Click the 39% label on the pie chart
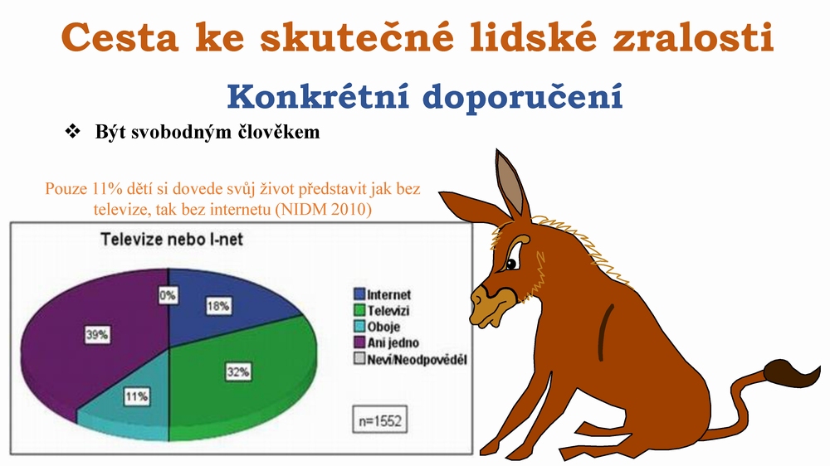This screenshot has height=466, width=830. (x=97, y=335)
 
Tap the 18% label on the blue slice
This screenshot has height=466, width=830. (x=218, y=306)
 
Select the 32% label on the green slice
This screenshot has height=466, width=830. (x=238, y=371)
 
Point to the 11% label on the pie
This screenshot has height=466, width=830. (x=137, y=396)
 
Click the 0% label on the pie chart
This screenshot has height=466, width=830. (x=168, y=294)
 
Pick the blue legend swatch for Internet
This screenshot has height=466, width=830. (x=359, y=294)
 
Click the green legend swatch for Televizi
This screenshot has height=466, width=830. (x=359, y=310)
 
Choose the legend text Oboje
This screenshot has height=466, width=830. (x=383, y=327)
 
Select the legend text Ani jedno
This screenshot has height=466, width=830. (x=393, y=342)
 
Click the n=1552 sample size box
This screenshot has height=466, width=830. (x=380, y=420)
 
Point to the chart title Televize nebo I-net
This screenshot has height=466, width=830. (x=172, y=240)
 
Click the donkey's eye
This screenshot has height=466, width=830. (x=512, y=263)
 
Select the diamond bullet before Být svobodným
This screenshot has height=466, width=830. (x=72, y=131)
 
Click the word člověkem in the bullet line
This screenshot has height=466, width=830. (x=279, y=132)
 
